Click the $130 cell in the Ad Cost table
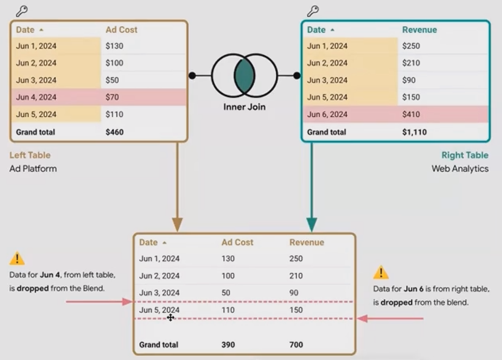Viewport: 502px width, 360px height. click(115, 46)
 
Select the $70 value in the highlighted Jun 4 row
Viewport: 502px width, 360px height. click(112, 97)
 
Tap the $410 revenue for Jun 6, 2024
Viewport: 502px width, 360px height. click(411, 114)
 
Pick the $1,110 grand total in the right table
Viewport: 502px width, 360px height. click(414, 132)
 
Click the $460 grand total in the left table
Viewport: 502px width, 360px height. click(115, 132)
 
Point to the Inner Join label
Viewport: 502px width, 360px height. click(244, 107)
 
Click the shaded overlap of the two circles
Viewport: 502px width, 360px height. click(244, 75)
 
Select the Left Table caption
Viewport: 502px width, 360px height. click(30, 155)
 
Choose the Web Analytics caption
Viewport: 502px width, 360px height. click(460, 169)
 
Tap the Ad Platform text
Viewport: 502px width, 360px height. click(33, 169)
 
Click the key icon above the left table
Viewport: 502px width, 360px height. click(22, 11)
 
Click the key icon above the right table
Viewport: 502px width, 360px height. click(313, 11)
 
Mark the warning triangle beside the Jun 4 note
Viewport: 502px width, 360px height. click(17, 259)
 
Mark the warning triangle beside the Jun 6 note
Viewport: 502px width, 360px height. click(381, 273)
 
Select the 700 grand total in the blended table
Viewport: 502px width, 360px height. click(296, 345)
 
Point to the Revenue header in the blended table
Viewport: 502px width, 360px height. click(306, 242)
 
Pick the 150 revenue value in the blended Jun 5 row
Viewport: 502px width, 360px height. click(296, 310)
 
